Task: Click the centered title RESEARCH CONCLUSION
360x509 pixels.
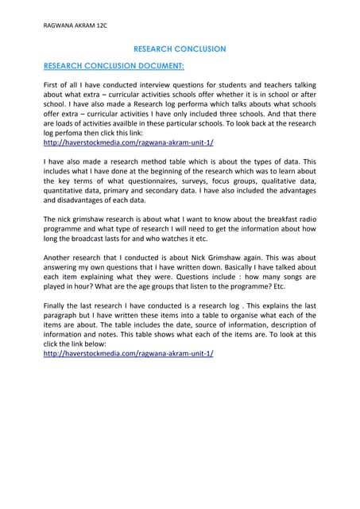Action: click(x=180, y=49)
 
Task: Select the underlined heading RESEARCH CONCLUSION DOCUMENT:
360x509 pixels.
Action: click(x=114, y=67)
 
